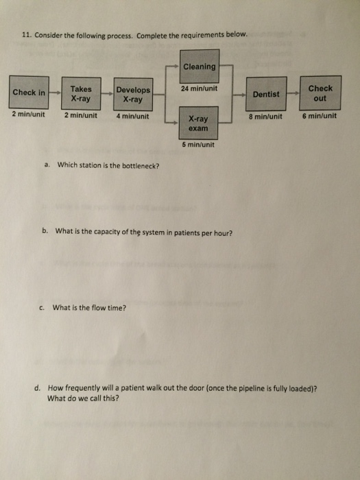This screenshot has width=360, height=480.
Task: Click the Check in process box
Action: [x=29, y=93]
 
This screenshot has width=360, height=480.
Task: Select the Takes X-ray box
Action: [x=81, y=93]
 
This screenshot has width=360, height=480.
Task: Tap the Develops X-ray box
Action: [x=133, y=95]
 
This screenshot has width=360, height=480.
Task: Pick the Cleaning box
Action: [x=200, y=66]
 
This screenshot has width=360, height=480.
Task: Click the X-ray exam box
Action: [x=198, y=123]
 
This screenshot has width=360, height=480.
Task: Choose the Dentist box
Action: [x=266, y=94]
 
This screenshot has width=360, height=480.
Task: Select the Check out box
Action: [x=320, y=93]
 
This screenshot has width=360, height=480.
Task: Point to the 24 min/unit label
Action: [x=200, y=88]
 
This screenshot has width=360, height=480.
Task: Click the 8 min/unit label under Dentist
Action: [x=265, y=117]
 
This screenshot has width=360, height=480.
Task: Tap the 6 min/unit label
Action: [x=320, y=116]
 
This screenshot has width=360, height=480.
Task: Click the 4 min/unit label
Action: [x=132, y=117]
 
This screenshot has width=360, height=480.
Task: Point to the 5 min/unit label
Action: [x=198, y=145]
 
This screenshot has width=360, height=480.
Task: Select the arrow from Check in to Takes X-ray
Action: [x=55, y=92]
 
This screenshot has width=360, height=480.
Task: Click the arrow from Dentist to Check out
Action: [x=293, y=93]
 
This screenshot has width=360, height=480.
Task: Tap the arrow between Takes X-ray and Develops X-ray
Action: [x=107, y=94]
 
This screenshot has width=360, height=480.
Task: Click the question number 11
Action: [x=27, y=36]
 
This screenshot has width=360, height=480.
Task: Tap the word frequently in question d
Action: [x=76, y=389]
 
